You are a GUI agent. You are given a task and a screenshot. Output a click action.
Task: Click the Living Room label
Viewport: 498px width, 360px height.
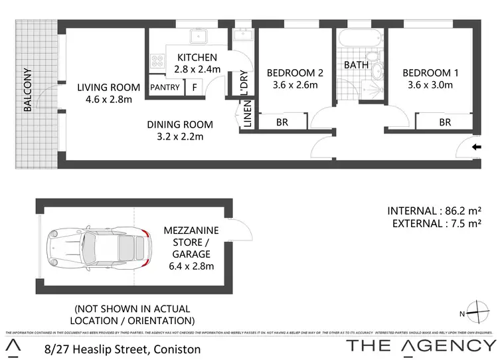tap(108, 87)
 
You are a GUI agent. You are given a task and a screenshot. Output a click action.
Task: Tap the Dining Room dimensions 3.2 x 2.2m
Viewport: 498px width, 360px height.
tap(179, 137)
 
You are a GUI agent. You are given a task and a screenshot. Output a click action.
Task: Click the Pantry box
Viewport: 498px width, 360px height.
tap(164, 87)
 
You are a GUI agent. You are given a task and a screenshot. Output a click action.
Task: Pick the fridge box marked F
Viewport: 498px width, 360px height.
tap(195, 87)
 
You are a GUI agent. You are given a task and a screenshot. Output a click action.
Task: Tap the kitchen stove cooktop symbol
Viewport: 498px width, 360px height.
tap(158, 61)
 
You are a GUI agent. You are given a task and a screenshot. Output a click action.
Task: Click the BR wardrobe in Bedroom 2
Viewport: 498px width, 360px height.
tap(282, 122)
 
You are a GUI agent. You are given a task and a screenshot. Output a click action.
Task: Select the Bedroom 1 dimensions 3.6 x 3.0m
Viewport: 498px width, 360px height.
tap(430, 84)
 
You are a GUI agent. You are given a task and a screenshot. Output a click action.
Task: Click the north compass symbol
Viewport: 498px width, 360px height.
tap(477, 310)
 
